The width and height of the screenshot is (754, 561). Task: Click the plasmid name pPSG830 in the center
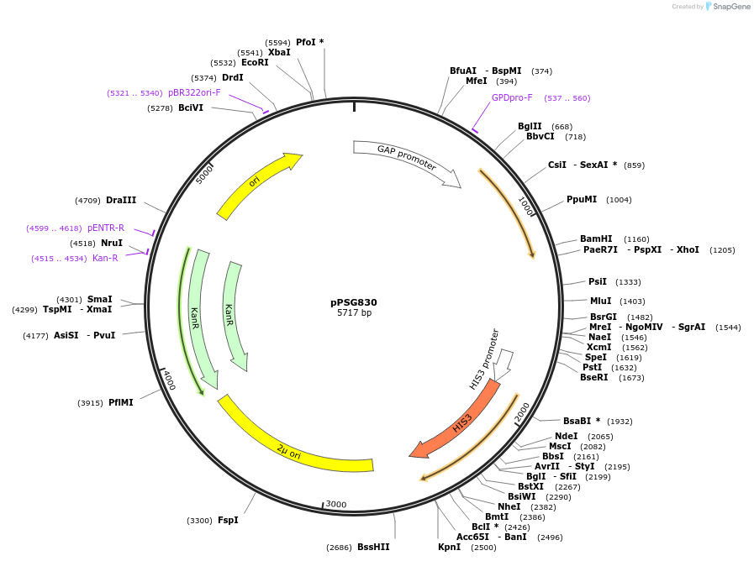coord(354,302)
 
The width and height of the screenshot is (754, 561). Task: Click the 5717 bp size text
coord(354,313)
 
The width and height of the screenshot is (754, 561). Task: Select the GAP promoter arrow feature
coord(406,159)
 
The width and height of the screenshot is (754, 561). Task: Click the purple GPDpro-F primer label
coord(512,97)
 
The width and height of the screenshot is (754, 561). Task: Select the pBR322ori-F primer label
coord(194,92)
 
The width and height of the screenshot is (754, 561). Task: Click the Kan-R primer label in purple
coord(105,258)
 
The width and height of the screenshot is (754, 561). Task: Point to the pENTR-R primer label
coord(105,228)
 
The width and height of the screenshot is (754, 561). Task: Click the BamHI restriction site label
coord(596,239)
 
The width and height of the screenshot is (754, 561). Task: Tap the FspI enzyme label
coord(228,520)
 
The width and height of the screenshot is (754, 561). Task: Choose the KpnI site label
coord(449,547)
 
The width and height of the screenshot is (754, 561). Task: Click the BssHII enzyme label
coord(373,547)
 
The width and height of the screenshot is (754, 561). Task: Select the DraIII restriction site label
coord(121,200)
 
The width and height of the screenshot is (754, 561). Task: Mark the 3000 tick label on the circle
coord(336,504)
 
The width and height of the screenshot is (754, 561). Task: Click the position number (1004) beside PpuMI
coord(619,200)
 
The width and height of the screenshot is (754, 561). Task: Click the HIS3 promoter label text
coord(484,359)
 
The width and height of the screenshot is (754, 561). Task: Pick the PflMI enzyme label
coord(121,402)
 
